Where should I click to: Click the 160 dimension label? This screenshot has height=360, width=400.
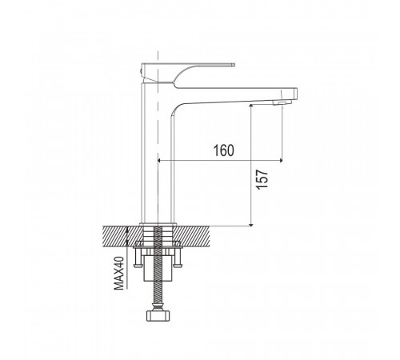(224, 150)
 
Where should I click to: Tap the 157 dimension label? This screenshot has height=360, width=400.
(262, 179)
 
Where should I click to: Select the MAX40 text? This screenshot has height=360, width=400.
(119, 273)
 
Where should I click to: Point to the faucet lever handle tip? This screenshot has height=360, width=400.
(233, 64)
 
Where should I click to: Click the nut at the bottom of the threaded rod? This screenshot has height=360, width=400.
(158, 316)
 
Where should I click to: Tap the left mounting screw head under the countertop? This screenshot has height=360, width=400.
(138, 266)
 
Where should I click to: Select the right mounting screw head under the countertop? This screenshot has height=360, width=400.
(178, 266)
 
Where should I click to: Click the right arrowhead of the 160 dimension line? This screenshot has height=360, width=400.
(280, 160)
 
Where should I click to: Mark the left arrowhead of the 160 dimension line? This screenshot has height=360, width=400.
(160, 160)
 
